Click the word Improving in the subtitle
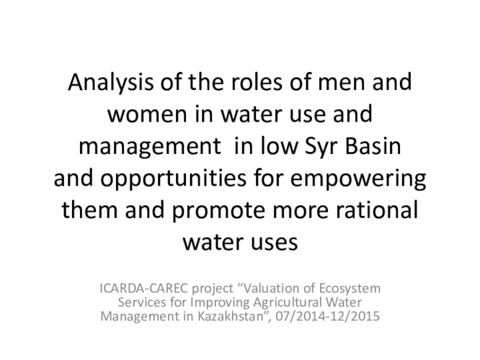pyautogui.click(x=208, y=302)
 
